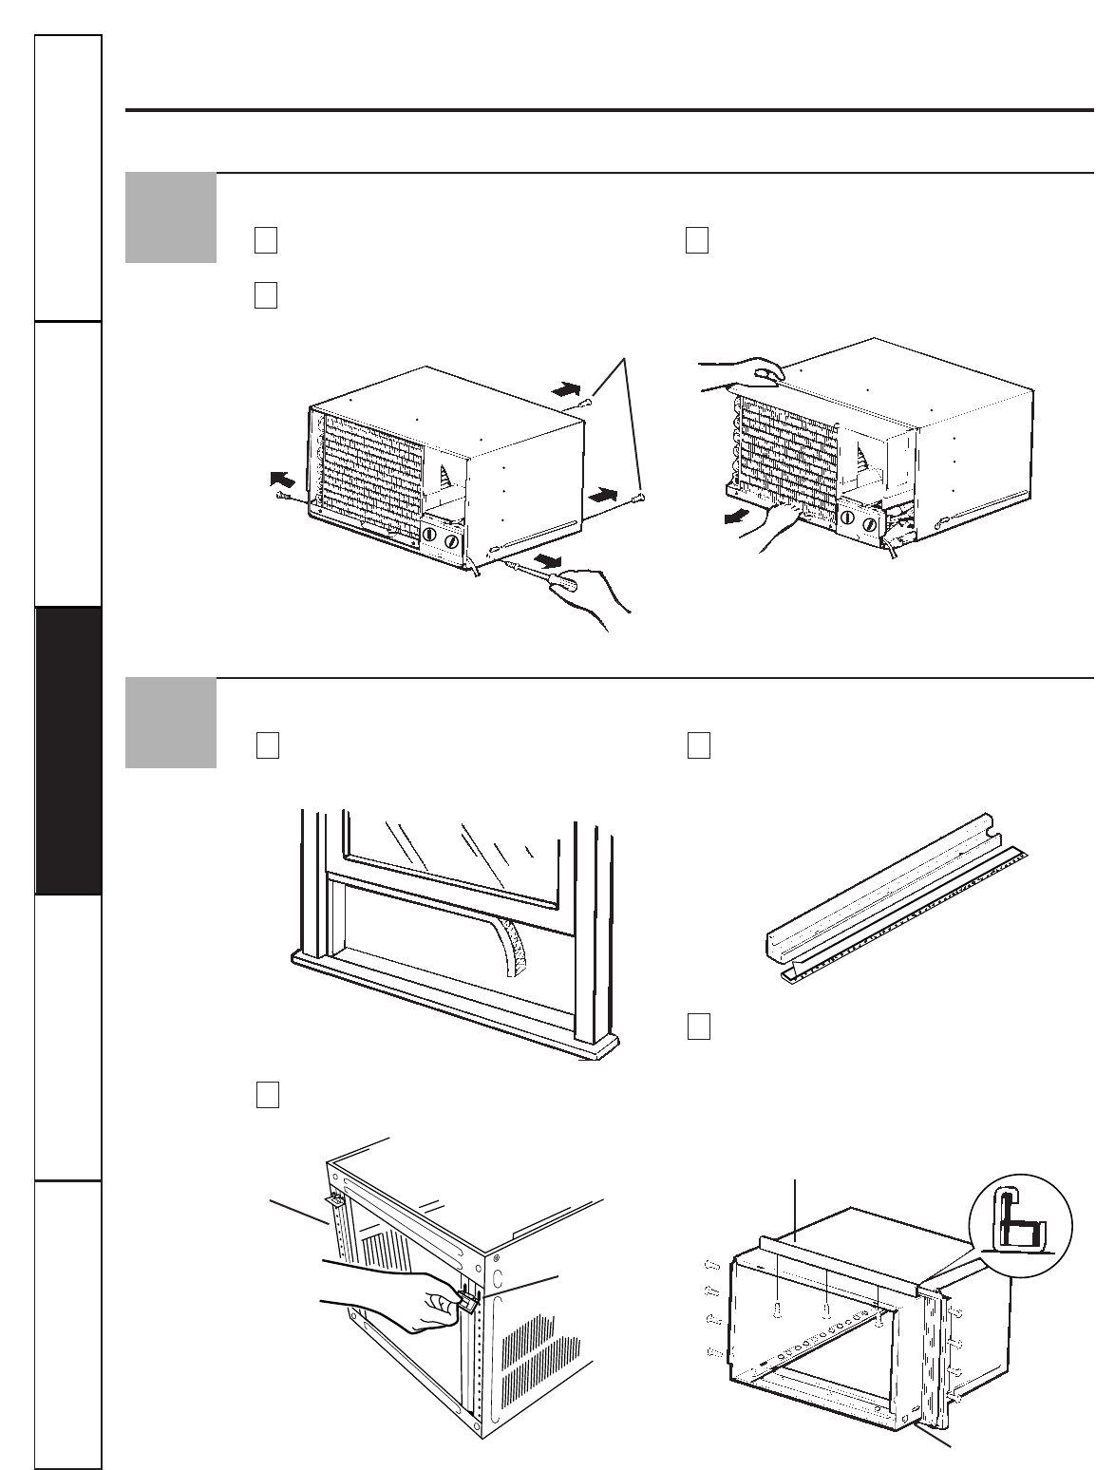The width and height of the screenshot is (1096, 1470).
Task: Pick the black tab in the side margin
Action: [x=67, y=750]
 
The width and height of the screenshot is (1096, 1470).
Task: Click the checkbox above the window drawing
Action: [x=267, y=746]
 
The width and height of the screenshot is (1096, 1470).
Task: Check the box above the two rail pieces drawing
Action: [x=697, y=746]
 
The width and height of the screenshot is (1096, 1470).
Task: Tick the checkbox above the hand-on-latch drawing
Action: [x=267, y=1096]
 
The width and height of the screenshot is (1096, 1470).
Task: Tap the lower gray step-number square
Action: [x=170, y=723]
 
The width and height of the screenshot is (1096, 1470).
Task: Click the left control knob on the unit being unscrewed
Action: [x=428, y=536]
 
